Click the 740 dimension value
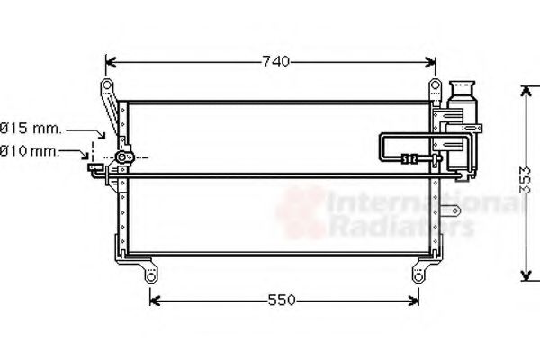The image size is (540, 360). pos(276,62)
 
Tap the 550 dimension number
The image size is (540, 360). pos(282,301)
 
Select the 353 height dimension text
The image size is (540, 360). pos(525,179)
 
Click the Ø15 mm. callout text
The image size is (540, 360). pos(31,129)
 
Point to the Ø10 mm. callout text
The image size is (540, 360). pos(30,151)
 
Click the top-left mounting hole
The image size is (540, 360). pos(107,85)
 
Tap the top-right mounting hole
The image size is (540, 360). pos(435,85)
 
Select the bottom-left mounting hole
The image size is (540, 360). pos(151,277)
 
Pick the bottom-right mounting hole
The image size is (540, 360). pos(418,277)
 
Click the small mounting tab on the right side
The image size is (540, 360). pos(451,211)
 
